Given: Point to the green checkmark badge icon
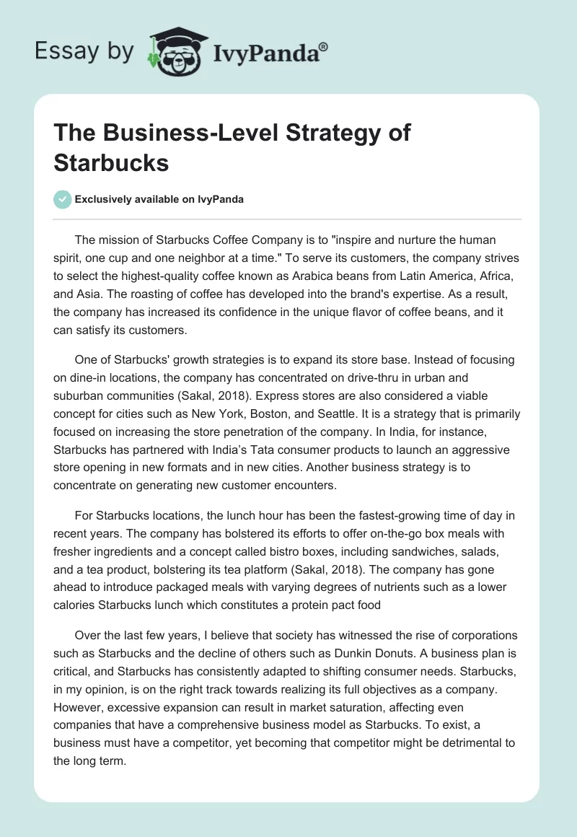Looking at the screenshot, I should tap(63, 199).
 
